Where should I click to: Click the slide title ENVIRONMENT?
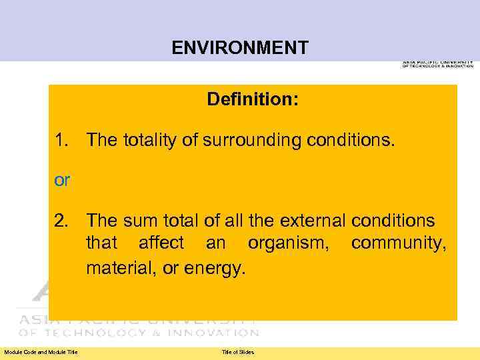click(240, 48)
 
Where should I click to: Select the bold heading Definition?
click(253, 100)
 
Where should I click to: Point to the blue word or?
click(61, 181)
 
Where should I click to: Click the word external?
click(311, 221)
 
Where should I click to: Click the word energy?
click(220, 269)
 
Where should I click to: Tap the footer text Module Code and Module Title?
click(41, 352)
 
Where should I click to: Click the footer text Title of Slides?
click(238, 352)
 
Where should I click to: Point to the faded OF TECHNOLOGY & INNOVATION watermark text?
click(138, 332)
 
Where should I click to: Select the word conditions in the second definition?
click(393, 221)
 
